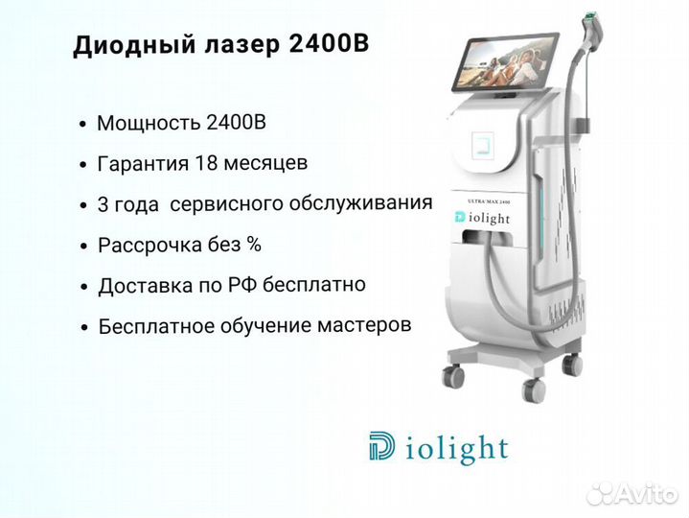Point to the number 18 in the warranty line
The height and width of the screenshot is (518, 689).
pos(205,163)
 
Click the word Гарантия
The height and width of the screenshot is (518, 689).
pos(143,164)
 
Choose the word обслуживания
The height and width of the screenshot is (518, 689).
pos(360,203)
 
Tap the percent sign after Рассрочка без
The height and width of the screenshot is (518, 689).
pos(254,244)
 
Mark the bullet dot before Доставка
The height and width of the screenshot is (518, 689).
pos(84,288)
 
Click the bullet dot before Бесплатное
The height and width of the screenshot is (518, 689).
pos(84,328)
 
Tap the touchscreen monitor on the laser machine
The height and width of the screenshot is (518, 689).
pos(505,63)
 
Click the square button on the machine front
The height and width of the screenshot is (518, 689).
pos(482,145)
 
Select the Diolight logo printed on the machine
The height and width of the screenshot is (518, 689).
pos(482,218)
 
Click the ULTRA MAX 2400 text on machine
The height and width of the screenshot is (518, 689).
pos(488,200)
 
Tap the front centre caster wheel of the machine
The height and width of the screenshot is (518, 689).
pos(533,389)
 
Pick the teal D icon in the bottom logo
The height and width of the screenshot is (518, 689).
pos(381,446)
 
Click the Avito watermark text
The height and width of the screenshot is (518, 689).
pos(649,494)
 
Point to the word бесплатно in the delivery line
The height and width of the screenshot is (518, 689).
pos(314,284)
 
